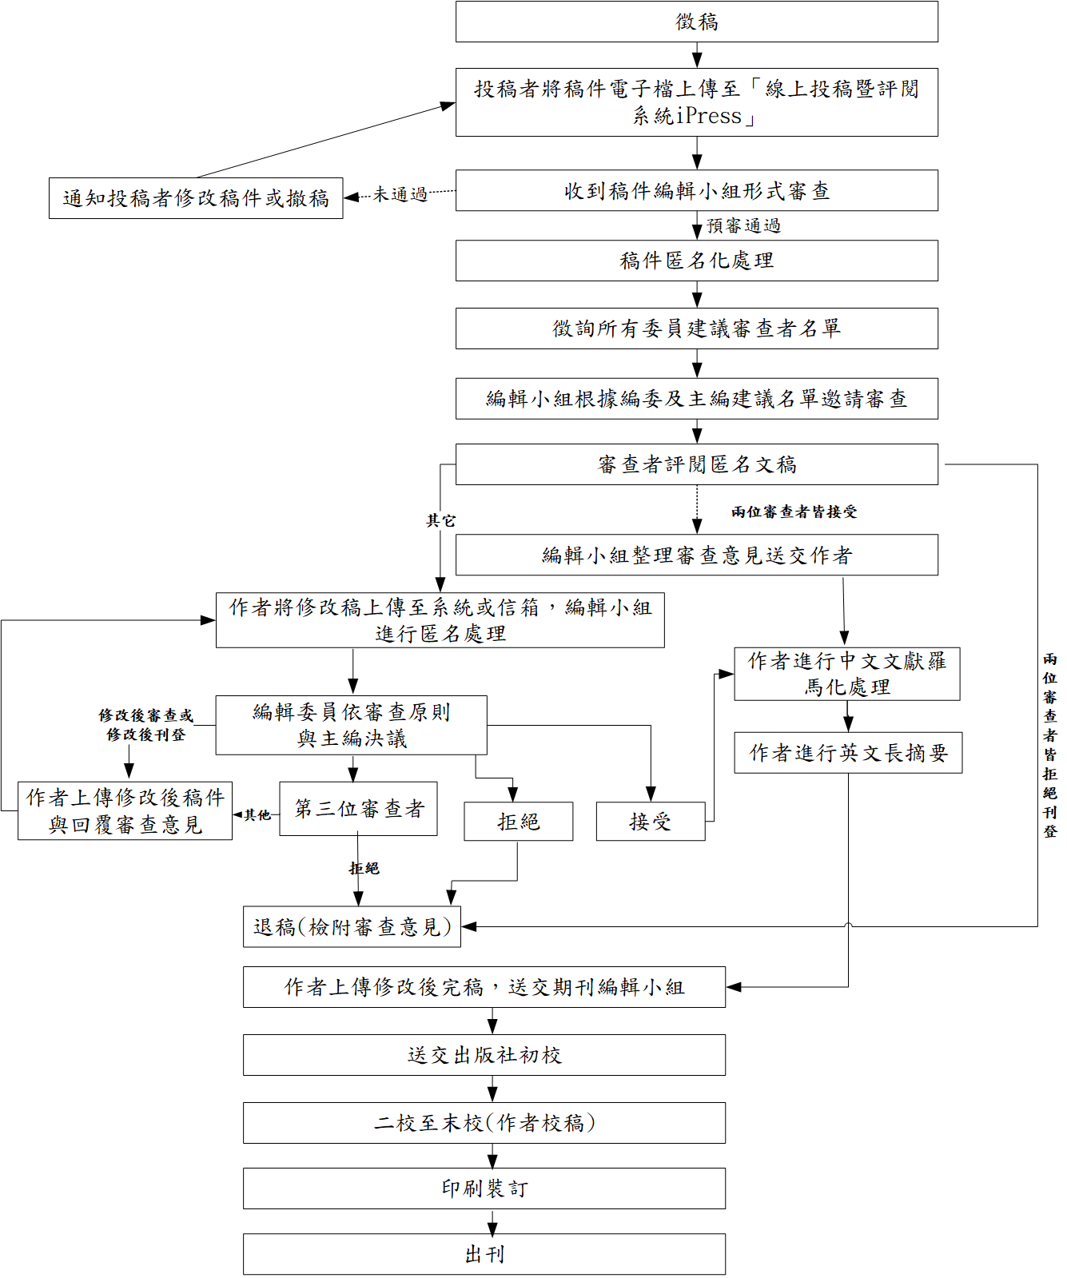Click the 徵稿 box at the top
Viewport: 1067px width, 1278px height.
pos(696,22)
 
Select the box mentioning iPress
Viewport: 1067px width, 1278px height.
pos(696,102)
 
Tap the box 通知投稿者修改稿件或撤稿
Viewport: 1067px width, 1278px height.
pos(196,198)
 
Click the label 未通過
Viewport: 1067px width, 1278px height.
pos(400,194)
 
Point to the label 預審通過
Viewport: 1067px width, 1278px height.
pos(743,226)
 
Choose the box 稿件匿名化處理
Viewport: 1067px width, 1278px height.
pos(696,261)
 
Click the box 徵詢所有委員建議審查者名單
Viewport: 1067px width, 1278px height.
pos(696,328)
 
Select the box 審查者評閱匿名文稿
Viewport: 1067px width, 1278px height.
pos(696,464)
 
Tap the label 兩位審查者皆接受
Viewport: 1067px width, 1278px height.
pos(794,512)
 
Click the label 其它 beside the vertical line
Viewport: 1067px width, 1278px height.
pos(440,521)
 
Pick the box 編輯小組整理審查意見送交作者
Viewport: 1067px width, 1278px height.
pos(696,555)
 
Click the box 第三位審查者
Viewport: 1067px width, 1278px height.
pos(358,809)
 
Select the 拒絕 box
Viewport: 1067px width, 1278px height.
pos(518,822)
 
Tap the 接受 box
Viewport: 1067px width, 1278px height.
pos(650,822)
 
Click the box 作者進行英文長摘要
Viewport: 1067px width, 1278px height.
pos(848,753)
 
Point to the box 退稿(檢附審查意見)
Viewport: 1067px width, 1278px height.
pos(352,927)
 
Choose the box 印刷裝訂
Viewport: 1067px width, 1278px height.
pos(484,1188)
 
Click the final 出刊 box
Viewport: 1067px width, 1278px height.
pos(484,1255)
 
